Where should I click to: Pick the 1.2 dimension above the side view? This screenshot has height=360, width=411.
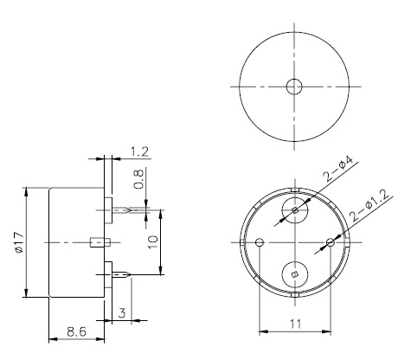point(138,152)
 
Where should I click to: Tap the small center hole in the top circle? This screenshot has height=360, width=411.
point(295,87)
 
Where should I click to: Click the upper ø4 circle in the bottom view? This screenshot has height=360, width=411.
point(295,210)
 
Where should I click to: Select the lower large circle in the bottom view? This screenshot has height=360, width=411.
point(295,274)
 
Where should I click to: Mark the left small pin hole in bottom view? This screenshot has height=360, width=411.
point(260,242)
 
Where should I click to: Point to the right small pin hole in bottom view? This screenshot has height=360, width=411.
point(329,242)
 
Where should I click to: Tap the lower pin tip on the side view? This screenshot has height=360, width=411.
point(130,275)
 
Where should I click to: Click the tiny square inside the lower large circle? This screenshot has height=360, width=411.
point(295,274)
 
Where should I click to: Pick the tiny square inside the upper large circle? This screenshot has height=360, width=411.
point(295,210)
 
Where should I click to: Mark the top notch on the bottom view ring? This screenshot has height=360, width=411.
point(295,190)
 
